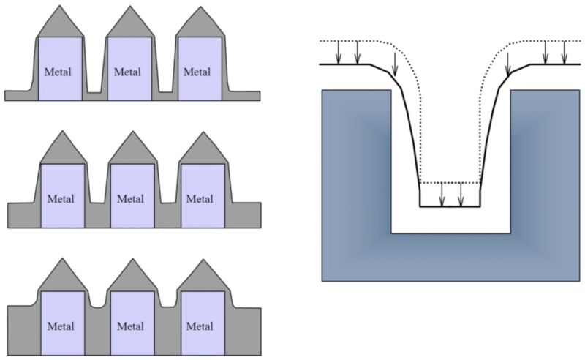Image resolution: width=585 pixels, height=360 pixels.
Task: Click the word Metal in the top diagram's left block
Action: coord(60,72)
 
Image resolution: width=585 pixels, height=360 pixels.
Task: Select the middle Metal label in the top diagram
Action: coord(129,72)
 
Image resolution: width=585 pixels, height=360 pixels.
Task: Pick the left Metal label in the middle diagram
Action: coord(61,198)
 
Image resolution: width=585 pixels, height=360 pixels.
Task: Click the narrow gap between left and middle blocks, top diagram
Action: coord(94,91)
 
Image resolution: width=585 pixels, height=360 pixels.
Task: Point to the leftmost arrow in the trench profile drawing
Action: coord(339,53)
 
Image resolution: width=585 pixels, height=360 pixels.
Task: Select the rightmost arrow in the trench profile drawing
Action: coord(564,53)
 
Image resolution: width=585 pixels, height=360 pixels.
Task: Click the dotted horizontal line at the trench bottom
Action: coord(450,182)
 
